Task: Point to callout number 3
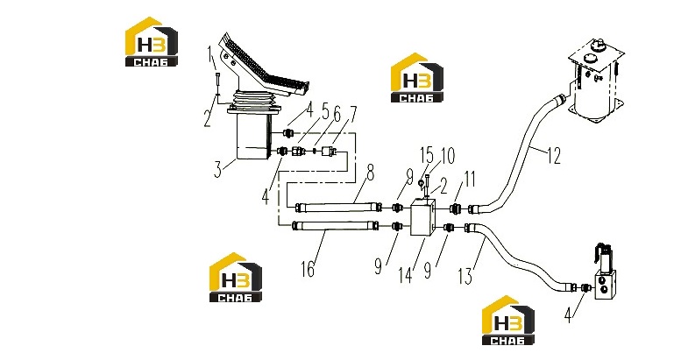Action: point(218,169)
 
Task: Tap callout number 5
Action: point(325,113)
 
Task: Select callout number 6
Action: point(337,115)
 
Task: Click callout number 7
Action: point(351,114)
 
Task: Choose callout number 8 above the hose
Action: point(370,173)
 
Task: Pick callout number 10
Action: point(447,156)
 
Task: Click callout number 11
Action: point(470,179)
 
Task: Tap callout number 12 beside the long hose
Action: point(555,156)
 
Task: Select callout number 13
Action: point(466,275)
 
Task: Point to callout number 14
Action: point(405,275)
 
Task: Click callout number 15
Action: point(427,156)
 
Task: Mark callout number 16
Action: point(308,269)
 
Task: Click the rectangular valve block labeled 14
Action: point(423,217)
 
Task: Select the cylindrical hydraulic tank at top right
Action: point(595,85)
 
